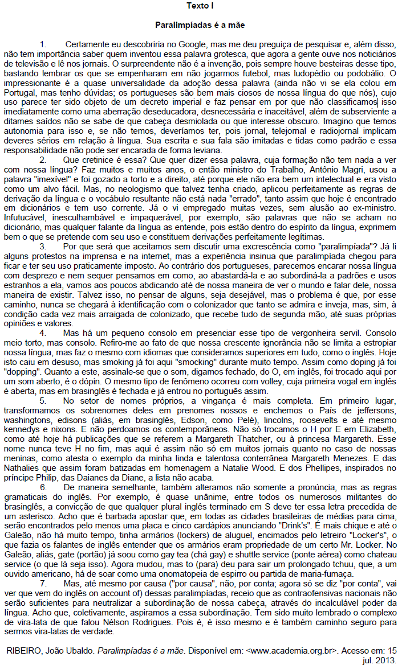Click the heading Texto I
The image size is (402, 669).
[x=201, y=6]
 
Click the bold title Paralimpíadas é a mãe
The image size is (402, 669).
[x=201, y=26]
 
